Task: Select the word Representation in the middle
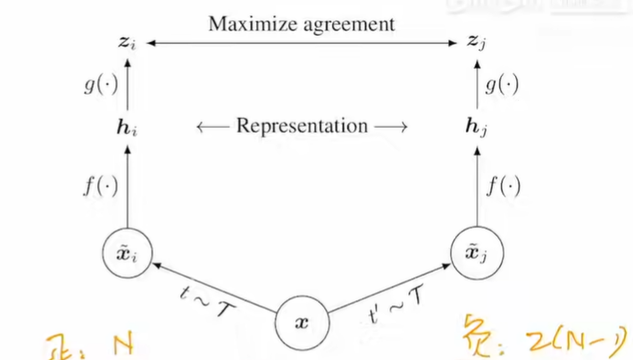click(302, 126)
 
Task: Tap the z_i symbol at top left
click(128, 43)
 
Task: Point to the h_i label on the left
click(128, 128)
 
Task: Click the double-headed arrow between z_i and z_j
click(302, 43)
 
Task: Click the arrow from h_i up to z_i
click(128, 86)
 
